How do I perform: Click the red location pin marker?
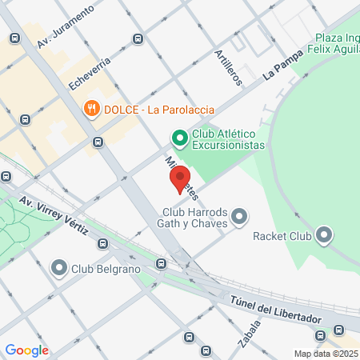pos(180,178)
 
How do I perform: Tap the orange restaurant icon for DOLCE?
pos(92,108)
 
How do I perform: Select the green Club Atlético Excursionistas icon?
pos(180,139)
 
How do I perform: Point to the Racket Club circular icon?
pos(323,235)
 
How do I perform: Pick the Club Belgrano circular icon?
pos(59,268)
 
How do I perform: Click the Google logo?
pos(26,350)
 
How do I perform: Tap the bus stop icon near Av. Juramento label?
pos(138,38)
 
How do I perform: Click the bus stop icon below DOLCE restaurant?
pos(98,142)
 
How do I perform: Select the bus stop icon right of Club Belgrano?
pos(162,262)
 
